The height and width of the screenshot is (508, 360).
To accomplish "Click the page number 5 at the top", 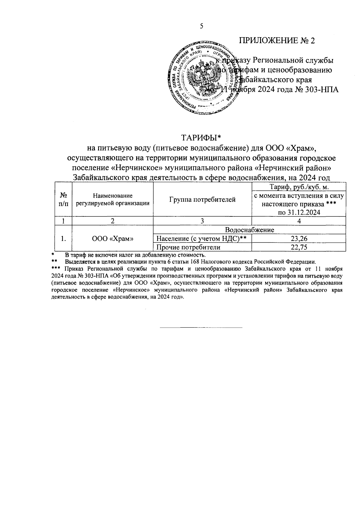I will point(202,26).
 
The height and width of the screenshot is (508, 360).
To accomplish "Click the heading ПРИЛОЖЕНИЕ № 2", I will point(277,40).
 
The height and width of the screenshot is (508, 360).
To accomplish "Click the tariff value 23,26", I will point(299,239).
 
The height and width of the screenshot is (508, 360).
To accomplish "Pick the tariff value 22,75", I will point(299,247).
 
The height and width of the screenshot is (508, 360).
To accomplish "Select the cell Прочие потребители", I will point(188,247).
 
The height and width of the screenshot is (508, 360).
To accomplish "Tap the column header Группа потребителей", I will point(202,200).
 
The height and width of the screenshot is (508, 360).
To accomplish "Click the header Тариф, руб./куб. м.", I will point(299,187).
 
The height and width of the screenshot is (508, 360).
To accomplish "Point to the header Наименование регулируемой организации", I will point(113,200).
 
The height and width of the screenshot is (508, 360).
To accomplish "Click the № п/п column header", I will point(63,200).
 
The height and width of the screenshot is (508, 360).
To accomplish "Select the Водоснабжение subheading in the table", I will point(249,230).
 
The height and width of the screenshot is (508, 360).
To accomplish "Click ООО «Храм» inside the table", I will point(113,239).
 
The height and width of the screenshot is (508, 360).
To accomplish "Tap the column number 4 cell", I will point(299,221).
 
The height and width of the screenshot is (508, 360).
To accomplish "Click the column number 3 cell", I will point(202,221).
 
